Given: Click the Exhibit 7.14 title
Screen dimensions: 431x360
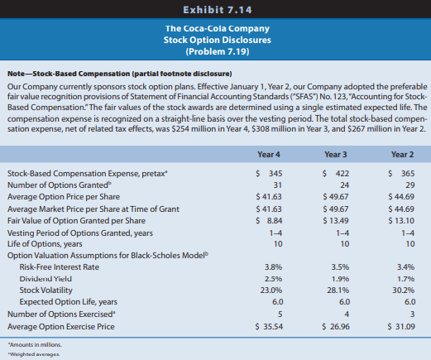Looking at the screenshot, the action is pos(218,10).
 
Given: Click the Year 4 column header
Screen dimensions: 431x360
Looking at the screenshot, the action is pos(269,155).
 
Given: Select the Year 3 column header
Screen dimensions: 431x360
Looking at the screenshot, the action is pos(336,155).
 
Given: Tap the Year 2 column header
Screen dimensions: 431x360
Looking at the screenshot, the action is pos(402,155).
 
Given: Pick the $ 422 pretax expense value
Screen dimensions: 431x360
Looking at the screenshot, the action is pos(336,173).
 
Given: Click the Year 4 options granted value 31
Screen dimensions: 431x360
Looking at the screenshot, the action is pos(278,185).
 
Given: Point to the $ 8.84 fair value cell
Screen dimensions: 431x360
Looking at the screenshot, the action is pos(269,221).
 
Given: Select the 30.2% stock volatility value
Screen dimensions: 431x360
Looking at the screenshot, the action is pos(404,290).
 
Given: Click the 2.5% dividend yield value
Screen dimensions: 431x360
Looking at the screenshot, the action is pos(273,279).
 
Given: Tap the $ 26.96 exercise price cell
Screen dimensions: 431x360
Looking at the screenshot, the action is pos(336,327).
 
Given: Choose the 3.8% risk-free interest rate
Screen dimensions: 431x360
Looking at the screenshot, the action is pos(273,267).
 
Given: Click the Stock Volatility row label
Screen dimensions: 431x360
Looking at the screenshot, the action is pos(45,290).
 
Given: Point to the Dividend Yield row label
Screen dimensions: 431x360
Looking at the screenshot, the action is pos(45,279).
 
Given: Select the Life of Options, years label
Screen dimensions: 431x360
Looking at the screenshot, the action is pos(45,244).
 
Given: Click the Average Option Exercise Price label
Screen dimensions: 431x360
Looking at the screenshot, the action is pos(61,327).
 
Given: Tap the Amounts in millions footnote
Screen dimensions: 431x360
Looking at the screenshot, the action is pos(35,345).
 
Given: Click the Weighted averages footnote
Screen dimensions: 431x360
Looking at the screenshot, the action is pos(34,354).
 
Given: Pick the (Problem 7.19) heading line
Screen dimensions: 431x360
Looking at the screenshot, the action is pos(218,51).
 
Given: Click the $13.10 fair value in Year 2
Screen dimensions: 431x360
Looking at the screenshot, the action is pos(401,221).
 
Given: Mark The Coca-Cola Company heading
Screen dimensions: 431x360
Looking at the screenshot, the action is pos(218,28).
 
